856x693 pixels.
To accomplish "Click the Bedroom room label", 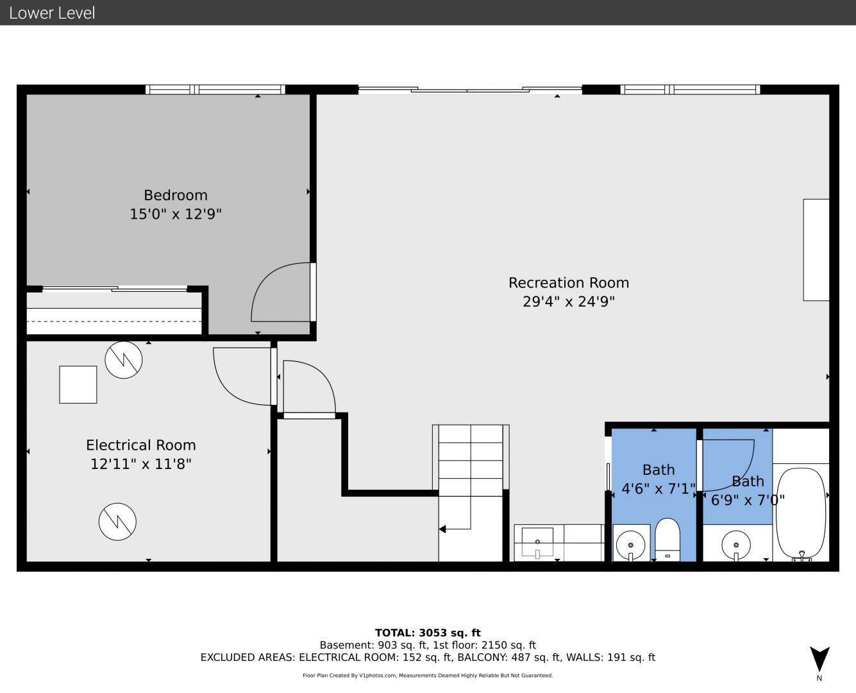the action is (176, 195).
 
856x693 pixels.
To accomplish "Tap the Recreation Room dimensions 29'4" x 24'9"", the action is (569, 301).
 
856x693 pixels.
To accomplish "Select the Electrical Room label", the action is (140, 445).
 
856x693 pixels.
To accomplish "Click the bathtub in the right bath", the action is (801, 513).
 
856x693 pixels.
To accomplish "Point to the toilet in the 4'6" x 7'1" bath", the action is (667, 540).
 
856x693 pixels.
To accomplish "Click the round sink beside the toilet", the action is (630, 545).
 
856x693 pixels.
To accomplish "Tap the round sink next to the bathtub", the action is (736, 545).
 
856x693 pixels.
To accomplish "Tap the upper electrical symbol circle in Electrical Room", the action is (123, 359).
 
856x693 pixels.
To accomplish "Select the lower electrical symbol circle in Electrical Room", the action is (117, 522).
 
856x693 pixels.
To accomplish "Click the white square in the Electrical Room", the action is (78, 384).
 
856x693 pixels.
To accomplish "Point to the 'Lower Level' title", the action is (52, 13).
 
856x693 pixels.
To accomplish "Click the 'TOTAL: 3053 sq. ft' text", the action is (428, 633).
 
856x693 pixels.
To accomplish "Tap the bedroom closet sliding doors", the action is (115, 288).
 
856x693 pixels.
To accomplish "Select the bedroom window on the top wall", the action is (215, 89).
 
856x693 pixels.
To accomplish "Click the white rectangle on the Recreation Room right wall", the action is (816, 250).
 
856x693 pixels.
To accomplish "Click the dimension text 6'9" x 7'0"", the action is (748, 501).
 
